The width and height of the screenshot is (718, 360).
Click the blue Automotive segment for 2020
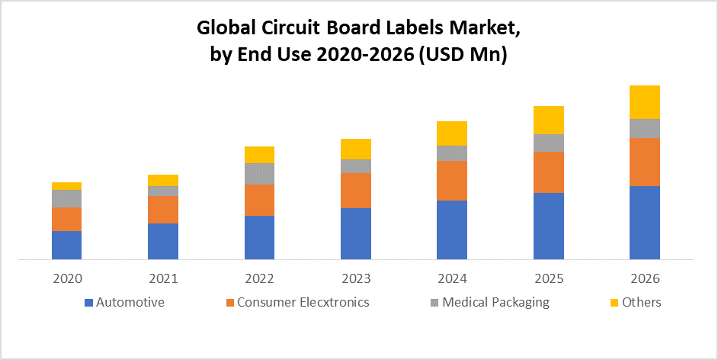(66, 245)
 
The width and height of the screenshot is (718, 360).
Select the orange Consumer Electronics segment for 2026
(645, 162)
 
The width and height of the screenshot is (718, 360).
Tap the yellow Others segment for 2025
(549, 120)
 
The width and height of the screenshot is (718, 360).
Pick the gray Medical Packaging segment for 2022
(259, 173)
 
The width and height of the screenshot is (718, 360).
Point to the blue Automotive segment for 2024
(452, 230)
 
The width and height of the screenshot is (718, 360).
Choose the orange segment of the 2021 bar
(163, 210)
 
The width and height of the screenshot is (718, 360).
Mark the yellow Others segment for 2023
(356, 149)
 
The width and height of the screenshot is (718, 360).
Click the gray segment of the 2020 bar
(66, 198)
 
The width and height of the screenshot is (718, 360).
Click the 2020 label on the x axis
(67, 278)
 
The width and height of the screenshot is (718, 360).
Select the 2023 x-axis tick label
(356, 278)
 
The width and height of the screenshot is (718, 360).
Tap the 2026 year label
(645, 278)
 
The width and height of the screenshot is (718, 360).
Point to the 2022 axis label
(260, 278)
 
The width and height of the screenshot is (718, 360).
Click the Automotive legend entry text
(130, 302)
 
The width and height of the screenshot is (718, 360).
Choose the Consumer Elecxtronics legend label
(303, 302)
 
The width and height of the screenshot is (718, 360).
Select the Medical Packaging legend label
(495, 302)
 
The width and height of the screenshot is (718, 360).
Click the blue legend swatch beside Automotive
(89, 303)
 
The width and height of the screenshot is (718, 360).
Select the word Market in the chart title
(480, 29)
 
